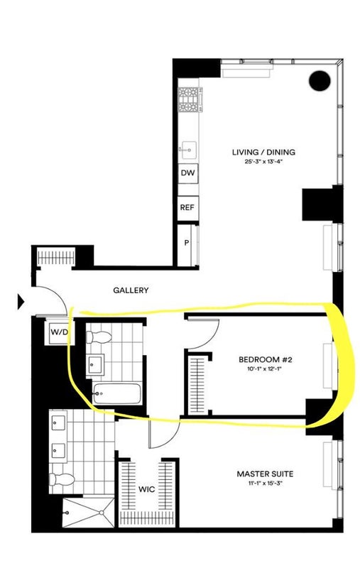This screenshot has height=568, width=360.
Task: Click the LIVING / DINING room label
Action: pos(263,152)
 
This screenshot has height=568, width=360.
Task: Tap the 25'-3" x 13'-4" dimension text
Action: pos(263,162)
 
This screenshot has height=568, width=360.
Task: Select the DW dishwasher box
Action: pos(187,173)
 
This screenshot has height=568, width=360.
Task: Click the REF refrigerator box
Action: pos(187,207)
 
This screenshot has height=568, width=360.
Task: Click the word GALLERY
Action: pos(131,290)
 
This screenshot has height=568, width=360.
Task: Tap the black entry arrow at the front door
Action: pos(21,302)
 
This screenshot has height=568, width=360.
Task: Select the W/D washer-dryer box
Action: pos(60,332)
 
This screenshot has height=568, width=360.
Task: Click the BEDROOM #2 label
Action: pos(265,360)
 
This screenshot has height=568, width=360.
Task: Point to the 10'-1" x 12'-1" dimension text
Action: pos(265,368)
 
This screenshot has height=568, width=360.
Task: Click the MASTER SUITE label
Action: pos(265,474)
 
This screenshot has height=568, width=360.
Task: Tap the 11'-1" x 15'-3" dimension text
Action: pos(265,483)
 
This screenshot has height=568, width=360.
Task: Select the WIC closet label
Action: pos(147,489)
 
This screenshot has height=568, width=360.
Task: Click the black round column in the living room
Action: pos(320,80)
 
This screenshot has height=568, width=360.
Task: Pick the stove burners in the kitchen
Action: pos(189,100)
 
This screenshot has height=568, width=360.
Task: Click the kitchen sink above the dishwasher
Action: pos(188,149)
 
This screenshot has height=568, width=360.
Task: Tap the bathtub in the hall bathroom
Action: pos(116,393)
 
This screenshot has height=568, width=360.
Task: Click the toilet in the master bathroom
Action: pos(62,479)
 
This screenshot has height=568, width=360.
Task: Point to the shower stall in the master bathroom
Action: pos(88,512)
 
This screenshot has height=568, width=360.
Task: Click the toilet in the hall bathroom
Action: pos(99,337)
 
